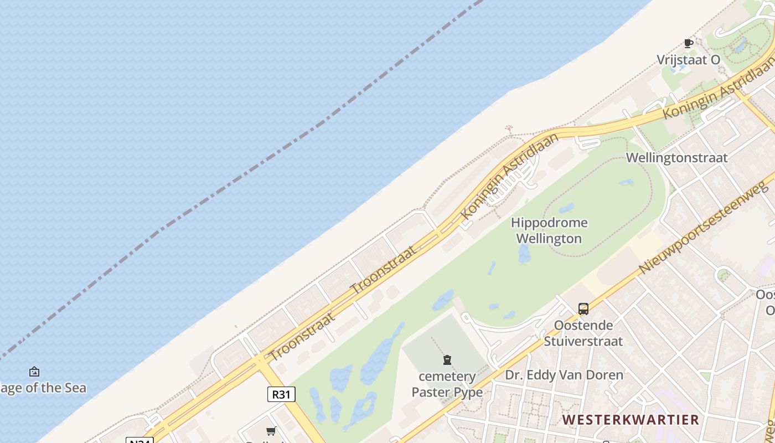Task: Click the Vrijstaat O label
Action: pos(689,60)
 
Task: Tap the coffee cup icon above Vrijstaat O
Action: pos(688,43)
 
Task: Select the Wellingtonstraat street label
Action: pos(676,158)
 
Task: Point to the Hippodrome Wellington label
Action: pos(549,231)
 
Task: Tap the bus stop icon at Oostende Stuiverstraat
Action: pos(583,309)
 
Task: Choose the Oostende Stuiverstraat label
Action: pos(583,333)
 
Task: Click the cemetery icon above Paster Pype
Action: pos(447,360)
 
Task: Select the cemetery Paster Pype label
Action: pos(447,384)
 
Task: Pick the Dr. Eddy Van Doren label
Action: pos(564,375)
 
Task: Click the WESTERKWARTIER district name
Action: pos(631,420)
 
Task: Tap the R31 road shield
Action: pos(281,394)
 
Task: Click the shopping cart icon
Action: pos(271,431)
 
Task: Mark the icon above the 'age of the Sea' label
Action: pos(34,372)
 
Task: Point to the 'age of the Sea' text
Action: pos(43,388)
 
